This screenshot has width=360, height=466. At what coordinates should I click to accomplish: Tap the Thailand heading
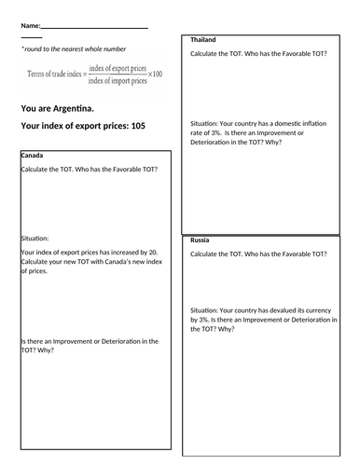click(x=202, y=40)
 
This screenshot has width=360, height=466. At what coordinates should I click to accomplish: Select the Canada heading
click(x=33, y=156)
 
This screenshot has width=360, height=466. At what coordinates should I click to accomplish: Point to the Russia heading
click(x=199, y=240)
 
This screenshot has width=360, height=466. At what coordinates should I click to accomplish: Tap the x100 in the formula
click(x=155, y=74)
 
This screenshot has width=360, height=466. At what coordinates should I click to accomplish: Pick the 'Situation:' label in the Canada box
click(x=35, y=238)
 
